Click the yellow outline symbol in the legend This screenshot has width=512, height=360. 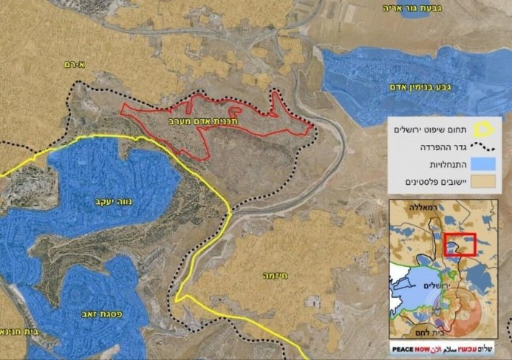[484, 130]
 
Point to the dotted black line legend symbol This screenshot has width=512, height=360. [484, 146]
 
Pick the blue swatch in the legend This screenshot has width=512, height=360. [484, 163]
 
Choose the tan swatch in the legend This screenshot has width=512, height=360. [484, 181]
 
